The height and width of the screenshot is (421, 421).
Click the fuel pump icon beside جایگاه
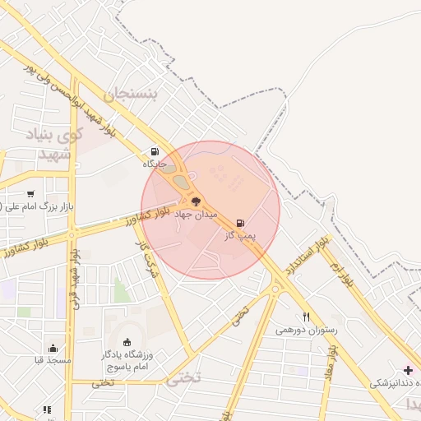(x=155, y=151)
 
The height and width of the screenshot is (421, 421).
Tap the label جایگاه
(x=155, y=164)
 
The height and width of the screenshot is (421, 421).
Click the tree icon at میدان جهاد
(x=196, y=201)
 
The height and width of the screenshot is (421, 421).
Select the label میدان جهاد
(x=196, y=214)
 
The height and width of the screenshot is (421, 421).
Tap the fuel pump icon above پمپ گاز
(x=240, y=223)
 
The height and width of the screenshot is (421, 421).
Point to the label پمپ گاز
(x=241, y=236)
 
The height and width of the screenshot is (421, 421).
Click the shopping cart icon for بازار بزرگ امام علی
(x=30, y=193)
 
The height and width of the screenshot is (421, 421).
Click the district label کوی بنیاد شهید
(x=55, y=144)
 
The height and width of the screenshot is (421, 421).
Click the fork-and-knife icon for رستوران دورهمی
(x=306, y=317)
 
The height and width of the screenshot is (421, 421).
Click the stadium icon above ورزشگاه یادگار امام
(x=127, y=342)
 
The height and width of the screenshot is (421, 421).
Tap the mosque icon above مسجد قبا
(x=53, y=348)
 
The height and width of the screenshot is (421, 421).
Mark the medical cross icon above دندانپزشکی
(x=408, y=370)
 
